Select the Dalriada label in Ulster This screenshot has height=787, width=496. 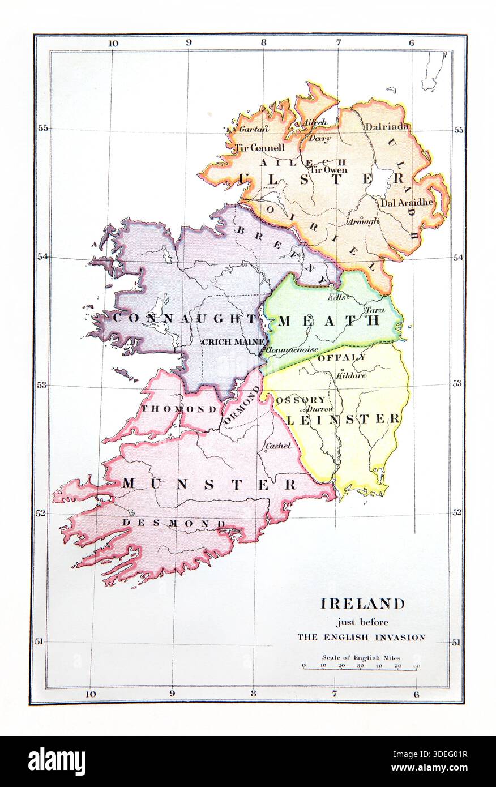387,127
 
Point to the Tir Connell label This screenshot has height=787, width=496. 259,148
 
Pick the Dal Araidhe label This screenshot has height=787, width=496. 407,202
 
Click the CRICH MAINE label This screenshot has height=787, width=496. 233,341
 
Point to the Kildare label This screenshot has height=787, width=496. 351,375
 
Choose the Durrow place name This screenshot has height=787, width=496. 320,409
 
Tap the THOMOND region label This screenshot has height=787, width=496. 168,408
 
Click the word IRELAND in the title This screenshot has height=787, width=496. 362,604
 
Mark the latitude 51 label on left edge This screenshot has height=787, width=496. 41,641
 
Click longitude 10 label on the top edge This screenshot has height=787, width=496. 112,43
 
